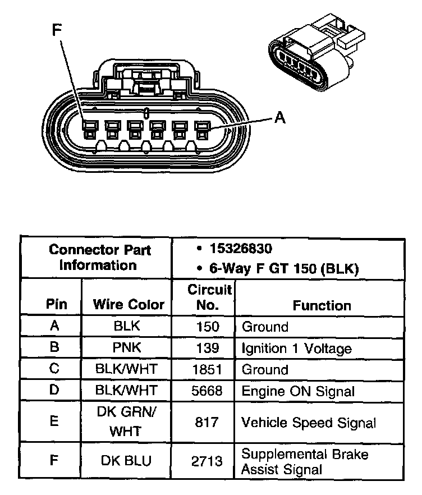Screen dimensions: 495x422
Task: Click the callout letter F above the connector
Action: point(57,30)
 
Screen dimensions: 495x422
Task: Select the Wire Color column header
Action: point(129,305)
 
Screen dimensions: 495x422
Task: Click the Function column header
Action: point(322,305)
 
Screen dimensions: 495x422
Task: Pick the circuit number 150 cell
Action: point(208,327)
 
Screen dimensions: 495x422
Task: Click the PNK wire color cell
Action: point(127,347)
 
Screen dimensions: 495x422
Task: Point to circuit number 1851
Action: point(208,369)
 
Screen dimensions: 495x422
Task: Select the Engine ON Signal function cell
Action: point(298,391)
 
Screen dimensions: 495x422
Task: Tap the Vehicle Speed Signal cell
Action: point(308,423)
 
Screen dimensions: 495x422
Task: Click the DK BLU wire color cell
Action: point(127,461)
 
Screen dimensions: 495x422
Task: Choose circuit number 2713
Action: point(208,461)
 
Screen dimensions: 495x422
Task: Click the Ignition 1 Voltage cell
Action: point(296,349)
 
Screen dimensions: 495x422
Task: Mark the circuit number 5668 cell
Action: point(208,391)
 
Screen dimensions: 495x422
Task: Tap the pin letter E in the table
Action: point(54,421)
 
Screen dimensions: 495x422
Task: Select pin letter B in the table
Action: point(54,347)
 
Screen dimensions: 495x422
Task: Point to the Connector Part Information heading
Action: point(99,257)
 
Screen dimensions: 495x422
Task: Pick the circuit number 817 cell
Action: point(208,423)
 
